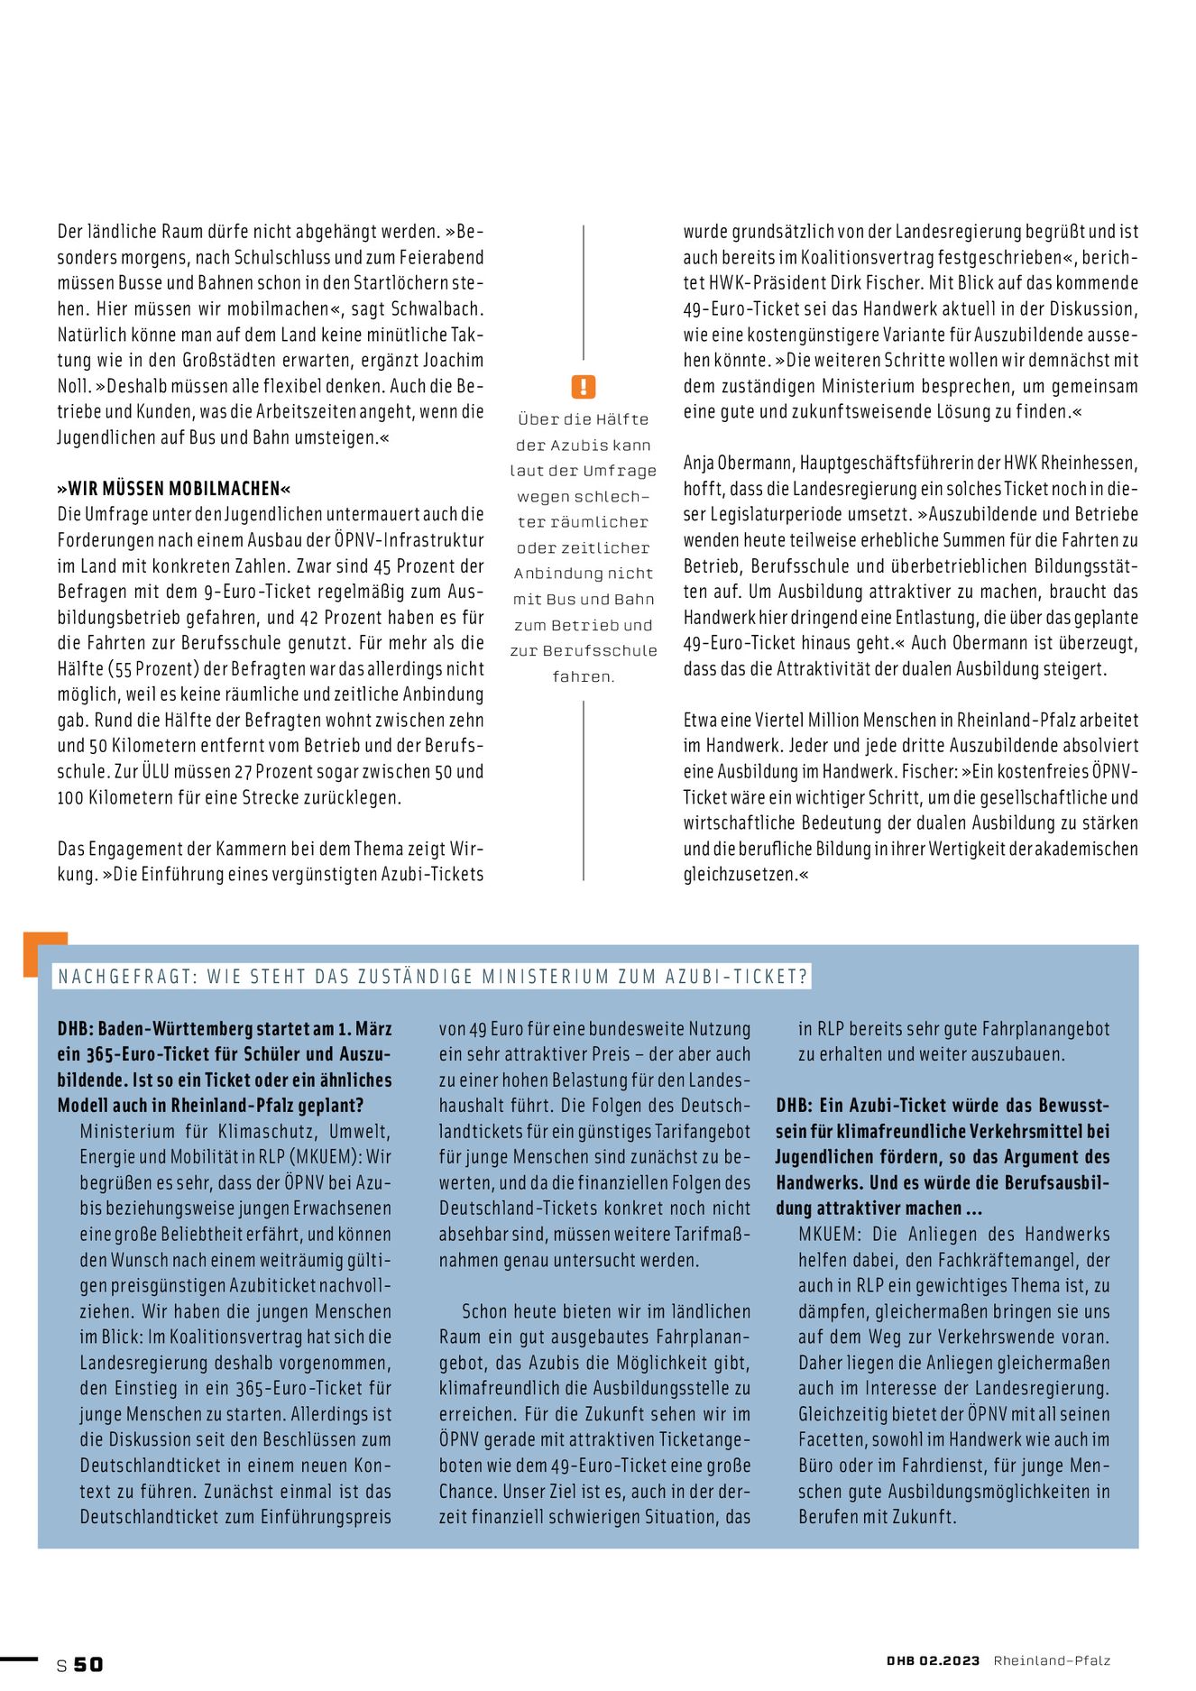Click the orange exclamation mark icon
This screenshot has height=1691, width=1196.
click(x=584, y=387)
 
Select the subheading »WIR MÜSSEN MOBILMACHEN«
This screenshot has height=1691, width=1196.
click(x=174, y=489)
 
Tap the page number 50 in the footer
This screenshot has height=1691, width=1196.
click(x=88, y=1664)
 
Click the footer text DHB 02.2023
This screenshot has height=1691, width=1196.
click(x=933, y=1660)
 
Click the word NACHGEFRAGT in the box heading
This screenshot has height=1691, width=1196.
click(x=126, y=977)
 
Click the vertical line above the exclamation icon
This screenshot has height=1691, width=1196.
click(x=584, y=293)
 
